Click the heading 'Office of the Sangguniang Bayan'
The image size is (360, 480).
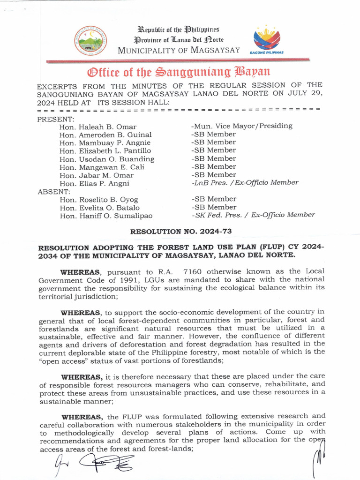click(x=179, y=72)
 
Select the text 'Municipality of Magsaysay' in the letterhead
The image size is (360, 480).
click(x=179, y=50)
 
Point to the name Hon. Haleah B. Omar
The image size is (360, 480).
click(x=98, y=127)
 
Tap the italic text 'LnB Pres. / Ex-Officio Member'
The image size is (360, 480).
click(x=244, y=183)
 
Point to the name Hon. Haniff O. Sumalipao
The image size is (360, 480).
click(x=105, y=216)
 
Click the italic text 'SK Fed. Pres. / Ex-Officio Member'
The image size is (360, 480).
click(x=253, y=215)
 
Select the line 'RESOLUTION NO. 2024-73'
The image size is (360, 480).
click(x=180, y=231)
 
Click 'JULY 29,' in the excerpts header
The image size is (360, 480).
click(x=305, y=93)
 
